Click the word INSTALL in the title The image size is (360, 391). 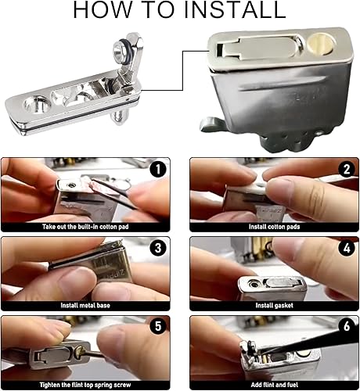[x=235, y=9]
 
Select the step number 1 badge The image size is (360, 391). [x=158, y=169]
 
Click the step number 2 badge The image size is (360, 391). [x=347, y=169]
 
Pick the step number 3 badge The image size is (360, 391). [x=158, y=248]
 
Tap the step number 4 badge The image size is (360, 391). [x=347, y=248]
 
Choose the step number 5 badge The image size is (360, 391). [x=158, y=326]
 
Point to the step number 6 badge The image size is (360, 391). [x=347, y=326]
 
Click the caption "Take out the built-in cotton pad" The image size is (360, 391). [x=85, y=227]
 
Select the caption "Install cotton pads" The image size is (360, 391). [x=274, y=227]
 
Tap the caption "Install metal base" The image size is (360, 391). [x=85, y=305]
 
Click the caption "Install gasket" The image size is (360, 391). [x=274, y=306]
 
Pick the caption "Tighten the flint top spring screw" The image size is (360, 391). [x=85, y=385]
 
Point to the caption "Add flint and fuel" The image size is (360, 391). [x=274, y=385]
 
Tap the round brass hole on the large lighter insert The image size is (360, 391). [x=321, y=44]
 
